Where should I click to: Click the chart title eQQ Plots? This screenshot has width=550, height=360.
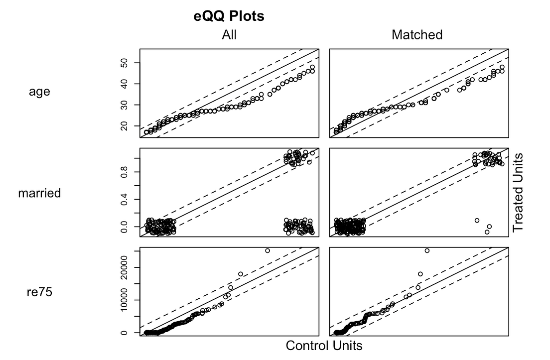229,16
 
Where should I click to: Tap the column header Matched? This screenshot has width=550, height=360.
417,35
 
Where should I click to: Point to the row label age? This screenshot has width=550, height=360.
39,92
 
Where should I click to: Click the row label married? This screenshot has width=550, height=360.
39,193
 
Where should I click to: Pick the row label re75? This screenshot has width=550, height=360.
39,292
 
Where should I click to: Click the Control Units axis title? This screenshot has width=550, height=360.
324,345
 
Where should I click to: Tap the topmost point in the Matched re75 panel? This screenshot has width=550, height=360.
427,250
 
